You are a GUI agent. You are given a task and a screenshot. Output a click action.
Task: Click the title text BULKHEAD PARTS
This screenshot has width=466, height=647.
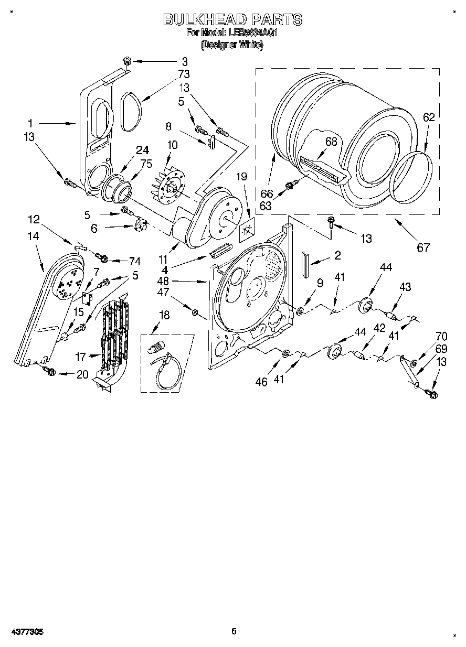pos(233,20)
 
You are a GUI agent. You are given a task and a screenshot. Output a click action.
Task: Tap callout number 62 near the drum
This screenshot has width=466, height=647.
pos(429,117)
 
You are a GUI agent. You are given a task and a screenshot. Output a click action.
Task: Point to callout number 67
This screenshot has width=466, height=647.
pos(423,247)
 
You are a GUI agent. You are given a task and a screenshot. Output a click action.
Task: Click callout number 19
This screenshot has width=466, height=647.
pos(241,177)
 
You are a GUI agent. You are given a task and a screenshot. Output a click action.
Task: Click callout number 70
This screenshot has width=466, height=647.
pos(441,337)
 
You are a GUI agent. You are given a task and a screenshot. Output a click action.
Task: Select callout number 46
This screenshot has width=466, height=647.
pos(261,382)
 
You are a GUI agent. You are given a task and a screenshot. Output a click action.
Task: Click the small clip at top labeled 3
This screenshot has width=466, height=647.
pos(125,62)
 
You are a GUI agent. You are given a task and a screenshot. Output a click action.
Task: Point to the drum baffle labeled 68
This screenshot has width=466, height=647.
pos(321,169)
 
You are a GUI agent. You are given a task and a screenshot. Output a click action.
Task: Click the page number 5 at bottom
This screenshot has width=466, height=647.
pos(235,631)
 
